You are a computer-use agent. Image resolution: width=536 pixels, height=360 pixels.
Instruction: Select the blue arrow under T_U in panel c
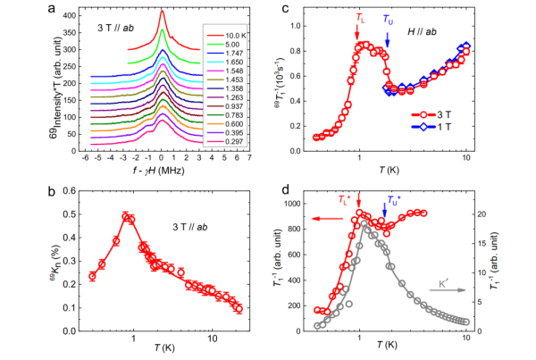point(388,35)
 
